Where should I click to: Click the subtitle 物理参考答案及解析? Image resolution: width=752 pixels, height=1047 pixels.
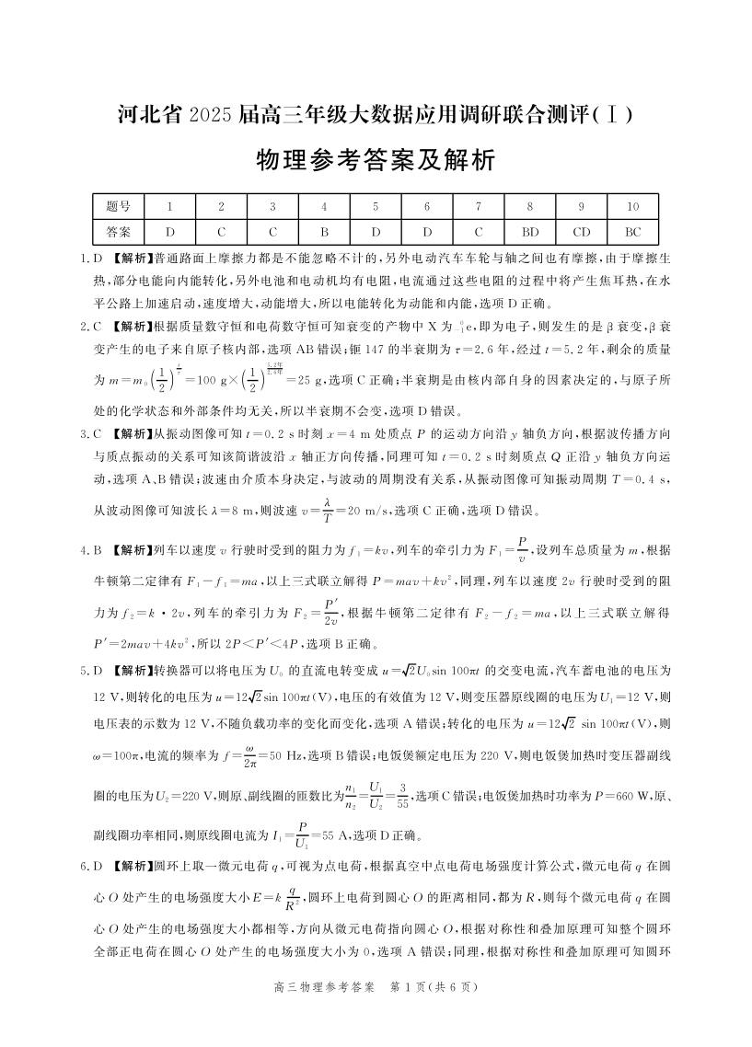coord(376,162)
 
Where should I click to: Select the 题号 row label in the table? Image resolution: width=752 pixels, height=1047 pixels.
coord(118,207)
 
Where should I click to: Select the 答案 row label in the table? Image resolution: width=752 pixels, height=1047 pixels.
coord(118,232)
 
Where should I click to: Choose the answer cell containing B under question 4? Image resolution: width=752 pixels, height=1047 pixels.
coord(324,232)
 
